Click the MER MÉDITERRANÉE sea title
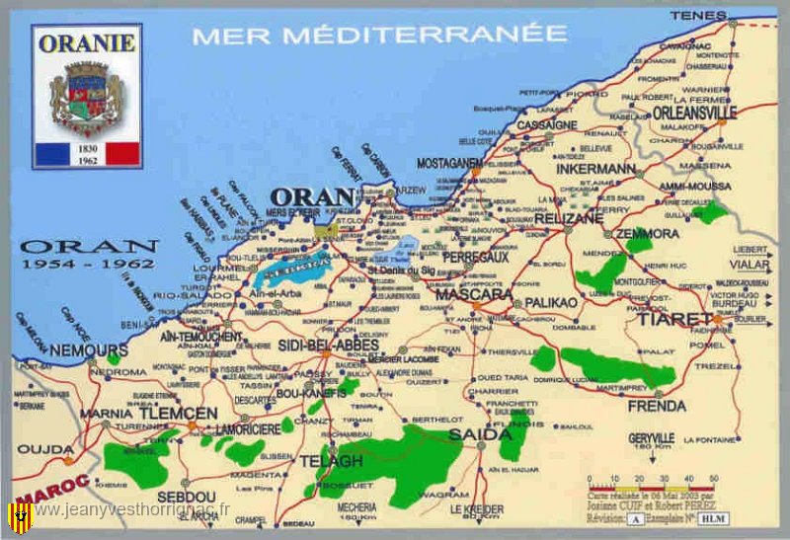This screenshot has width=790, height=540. coord(380,35)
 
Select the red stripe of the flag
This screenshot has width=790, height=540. coord(122,153)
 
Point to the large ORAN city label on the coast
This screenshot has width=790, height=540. coord(312,196)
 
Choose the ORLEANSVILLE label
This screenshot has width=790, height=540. coord(694,113)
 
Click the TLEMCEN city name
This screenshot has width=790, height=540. coord(185,413)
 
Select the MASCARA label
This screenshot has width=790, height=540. coord(474,294)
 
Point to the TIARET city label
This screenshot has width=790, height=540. coord(674,320)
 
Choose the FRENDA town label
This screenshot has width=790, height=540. coord(657,406)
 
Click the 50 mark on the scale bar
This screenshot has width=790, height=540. coord(712,477)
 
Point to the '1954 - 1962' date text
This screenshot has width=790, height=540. coord(89,265)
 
